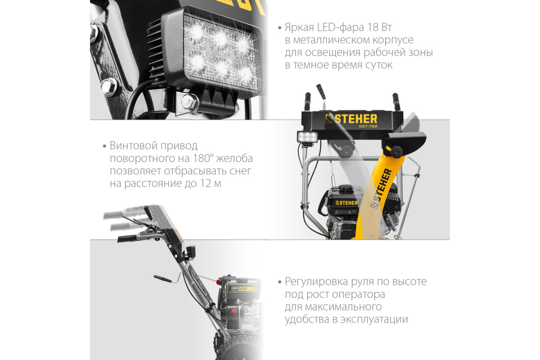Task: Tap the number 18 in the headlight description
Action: (x=373, y=27)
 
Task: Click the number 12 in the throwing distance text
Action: (x=205, y=184)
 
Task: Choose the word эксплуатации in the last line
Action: (x=374, y=319)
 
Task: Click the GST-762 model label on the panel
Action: (x=368, y=126)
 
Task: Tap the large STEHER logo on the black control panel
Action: (x=351, y=119)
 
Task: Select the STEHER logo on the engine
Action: (x=346, y=203)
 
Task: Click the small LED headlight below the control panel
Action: (x=307, y=137)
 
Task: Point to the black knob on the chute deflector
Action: (x=396, y=152)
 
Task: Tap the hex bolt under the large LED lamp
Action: (x=189, y=102)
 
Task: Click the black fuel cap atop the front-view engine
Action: (x=346, y=188)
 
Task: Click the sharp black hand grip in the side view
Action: (x=127, y=238)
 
